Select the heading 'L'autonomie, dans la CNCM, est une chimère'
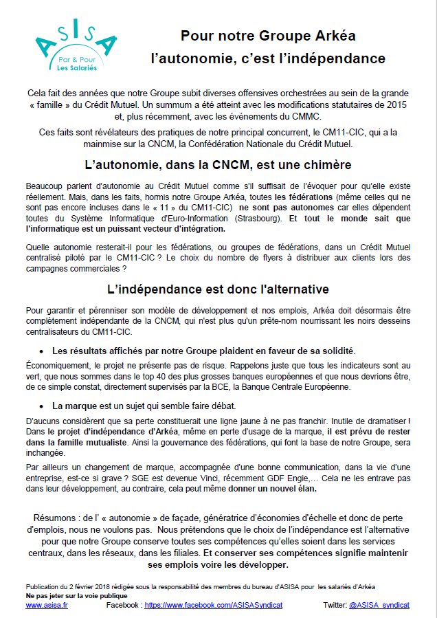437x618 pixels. [x=218, y=165]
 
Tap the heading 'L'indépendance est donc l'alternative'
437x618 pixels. [x=218, y=289]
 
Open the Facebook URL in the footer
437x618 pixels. [x=213, y=605]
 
